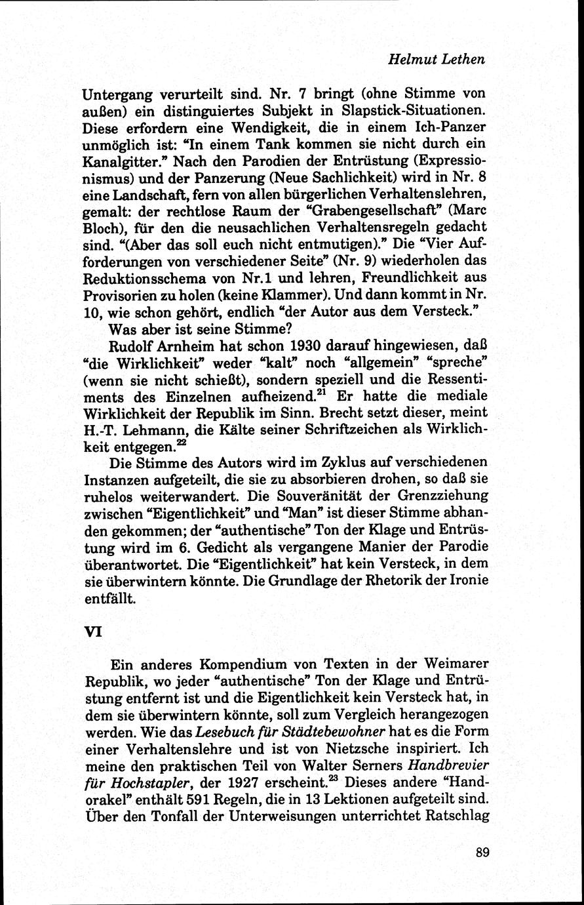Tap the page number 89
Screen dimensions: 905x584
click(x=483, y=852)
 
